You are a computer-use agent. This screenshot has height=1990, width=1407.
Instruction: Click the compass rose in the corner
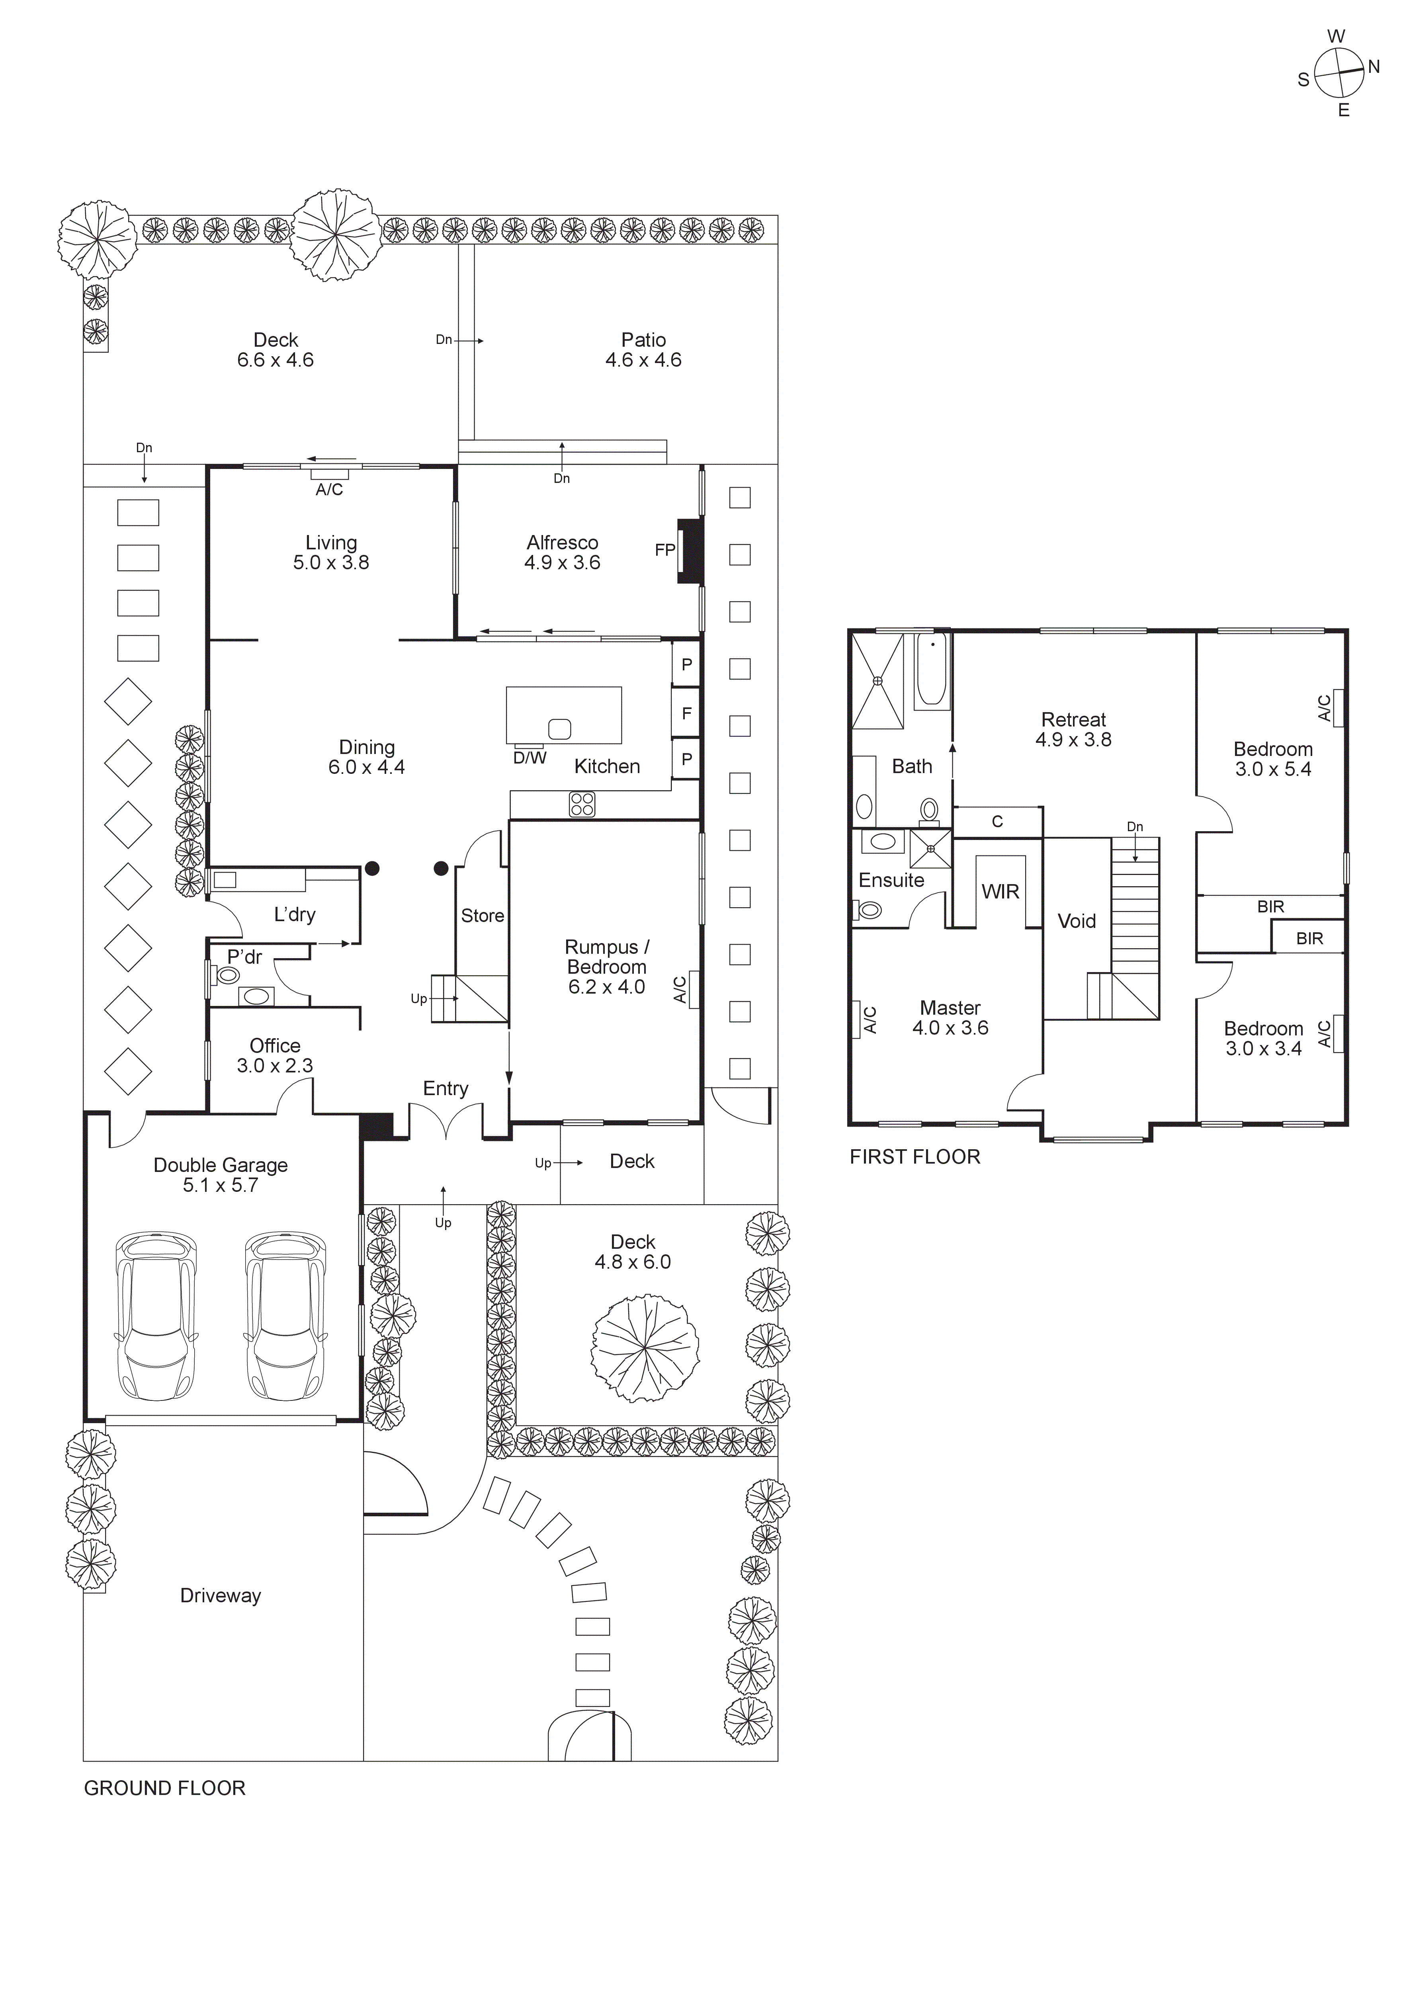pyautogui.click(x=1339, y=73)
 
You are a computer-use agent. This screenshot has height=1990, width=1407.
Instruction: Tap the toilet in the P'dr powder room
pyautogui.click(x=228, y=975)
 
